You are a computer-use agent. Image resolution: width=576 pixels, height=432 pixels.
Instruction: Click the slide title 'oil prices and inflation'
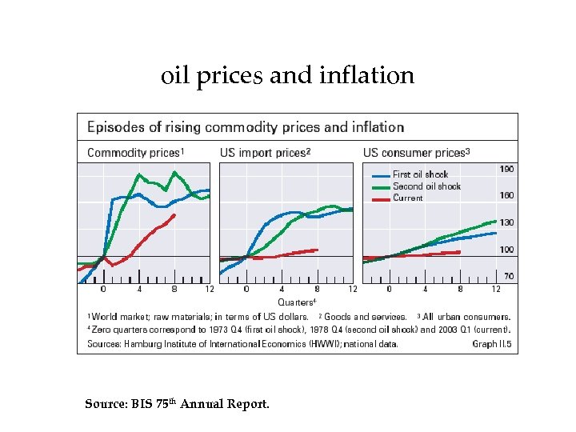288,75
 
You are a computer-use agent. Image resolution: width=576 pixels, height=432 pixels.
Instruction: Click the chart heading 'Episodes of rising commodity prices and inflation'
245,127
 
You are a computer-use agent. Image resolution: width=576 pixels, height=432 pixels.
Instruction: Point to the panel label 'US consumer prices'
415,153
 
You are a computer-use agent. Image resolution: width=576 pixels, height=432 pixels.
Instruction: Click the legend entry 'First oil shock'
420,174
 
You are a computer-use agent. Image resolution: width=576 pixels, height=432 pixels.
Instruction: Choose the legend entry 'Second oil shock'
426,186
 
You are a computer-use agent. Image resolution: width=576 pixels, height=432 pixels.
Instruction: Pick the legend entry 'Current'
408,198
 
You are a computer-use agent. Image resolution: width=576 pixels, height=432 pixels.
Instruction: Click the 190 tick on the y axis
506,169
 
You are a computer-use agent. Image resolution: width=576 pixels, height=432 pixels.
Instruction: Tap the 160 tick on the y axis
506,195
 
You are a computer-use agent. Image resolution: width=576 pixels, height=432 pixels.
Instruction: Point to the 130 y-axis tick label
506,222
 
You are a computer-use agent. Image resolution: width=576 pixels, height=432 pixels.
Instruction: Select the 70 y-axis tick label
509,276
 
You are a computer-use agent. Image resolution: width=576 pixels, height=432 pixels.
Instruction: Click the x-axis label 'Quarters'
294,302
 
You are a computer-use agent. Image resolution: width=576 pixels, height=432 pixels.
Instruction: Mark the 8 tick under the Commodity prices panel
174,289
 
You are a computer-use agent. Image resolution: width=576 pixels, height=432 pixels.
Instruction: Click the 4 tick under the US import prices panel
282,289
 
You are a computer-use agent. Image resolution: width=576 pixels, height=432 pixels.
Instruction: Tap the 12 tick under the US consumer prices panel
496,289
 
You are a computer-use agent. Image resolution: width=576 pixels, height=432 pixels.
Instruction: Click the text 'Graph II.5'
491,345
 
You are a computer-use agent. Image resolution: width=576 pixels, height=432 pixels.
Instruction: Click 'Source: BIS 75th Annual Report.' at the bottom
177,404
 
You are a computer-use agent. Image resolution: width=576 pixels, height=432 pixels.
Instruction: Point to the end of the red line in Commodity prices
174,214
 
